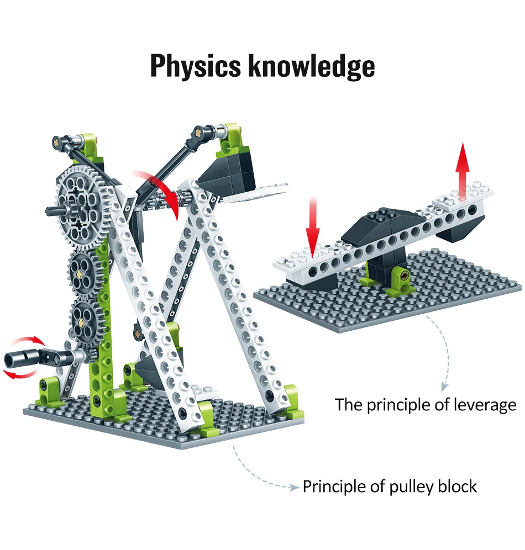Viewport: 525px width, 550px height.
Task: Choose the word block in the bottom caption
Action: (457, 486)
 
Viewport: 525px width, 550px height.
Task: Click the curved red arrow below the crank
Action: (22, 375)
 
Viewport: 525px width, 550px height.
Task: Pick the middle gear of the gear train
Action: (84, 272)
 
